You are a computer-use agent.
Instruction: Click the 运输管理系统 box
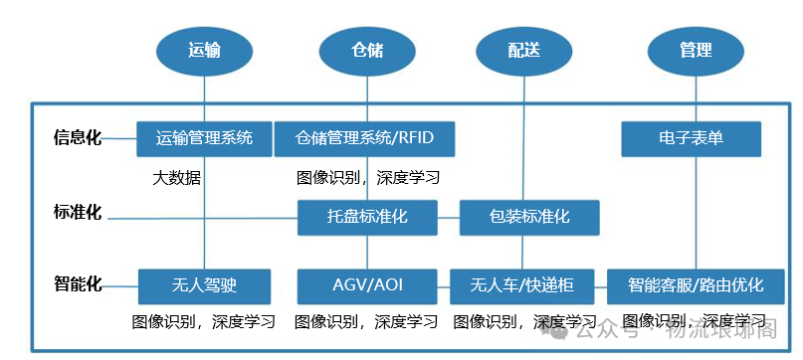tap(204, 138)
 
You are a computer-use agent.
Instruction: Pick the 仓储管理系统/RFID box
tap(365, 138)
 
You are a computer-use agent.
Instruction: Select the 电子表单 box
tap(691, 138)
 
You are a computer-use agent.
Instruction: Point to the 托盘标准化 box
tap(367, 217)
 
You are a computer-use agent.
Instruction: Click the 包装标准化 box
tap(529, 217)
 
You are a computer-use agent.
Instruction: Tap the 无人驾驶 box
tap(204, 286)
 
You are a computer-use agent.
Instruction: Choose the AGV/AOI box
tap(367, 286)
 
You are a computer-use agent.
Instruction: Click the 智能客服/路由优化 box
tap(696, 286)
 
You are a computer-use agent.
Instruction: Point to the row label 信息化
tap(78, 138)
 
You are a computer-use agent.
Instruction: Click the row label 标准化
tap(78, 212)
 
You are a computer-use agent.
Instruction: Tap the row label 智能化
tap(78, 284)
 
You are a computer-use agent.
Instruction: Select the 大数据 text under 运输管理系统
tap(177, 178)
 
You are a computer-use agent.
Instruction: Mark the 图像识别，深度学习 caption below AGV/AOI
tap(366, 322)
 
